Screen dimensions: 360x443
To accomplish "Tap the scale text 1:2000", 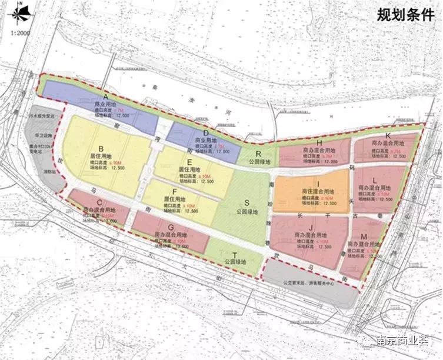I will coord(19,32).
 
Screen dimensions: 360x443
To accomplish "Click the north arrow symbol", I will coord(21,12).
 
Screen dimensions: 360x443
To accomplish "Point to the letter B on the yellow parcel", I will coord(101,148).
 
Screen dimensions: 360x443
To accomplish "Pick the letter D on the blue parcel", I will coord(206,133).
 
